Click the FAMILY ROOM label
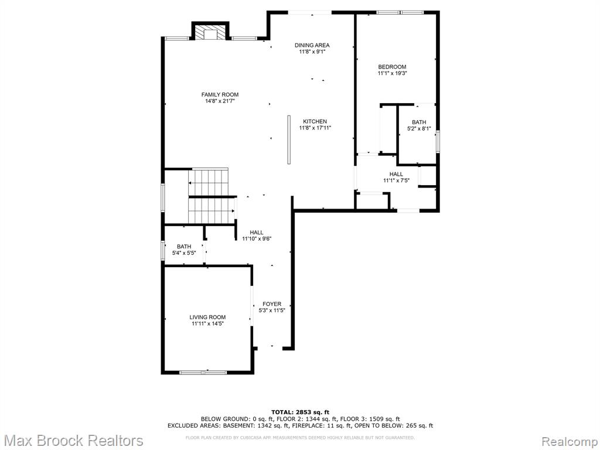[220, 94]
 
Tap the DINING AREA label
[312, 45]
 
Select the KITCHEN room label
[315, 122]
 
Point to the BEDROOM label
[392, 67]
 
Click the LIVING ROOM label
[207, 317]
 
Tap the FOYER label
[272, 304]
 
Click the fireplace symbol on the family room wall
[210, 32]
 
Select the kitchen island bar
[289, 139]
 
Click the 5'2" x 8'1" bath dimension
[419, 129]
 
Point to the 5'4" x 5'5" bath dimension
[183, 253]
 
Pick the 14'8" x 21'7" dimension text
[220, 101]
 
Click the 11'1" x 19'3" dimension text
[392, 73]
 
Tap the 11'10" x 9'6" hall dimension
[257, 239]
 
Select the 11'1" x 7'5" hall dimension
[396, 180]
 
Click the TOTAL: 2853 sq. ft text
[300, 412]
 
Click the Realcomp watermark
[570, 441]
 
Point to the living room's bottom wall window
[203, 372]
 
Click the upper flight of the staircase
[208, 183]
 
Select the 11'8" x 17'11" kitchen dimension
[315, 128]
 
